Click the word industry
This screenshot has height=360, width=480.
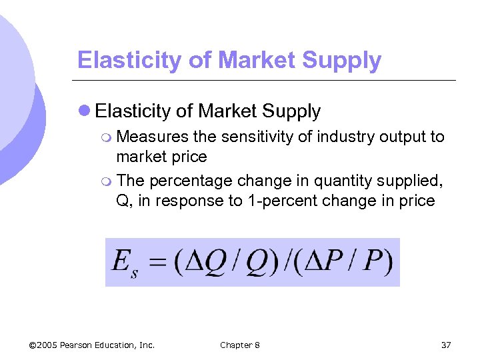[x=343, y=137]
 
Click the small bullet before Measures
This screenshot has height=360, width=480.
[x=108, y=137]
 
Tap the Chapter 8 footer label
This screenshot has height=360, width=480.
[x=240, y=345]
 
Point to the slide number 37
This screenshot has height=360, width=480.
[x=446, y=345]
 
